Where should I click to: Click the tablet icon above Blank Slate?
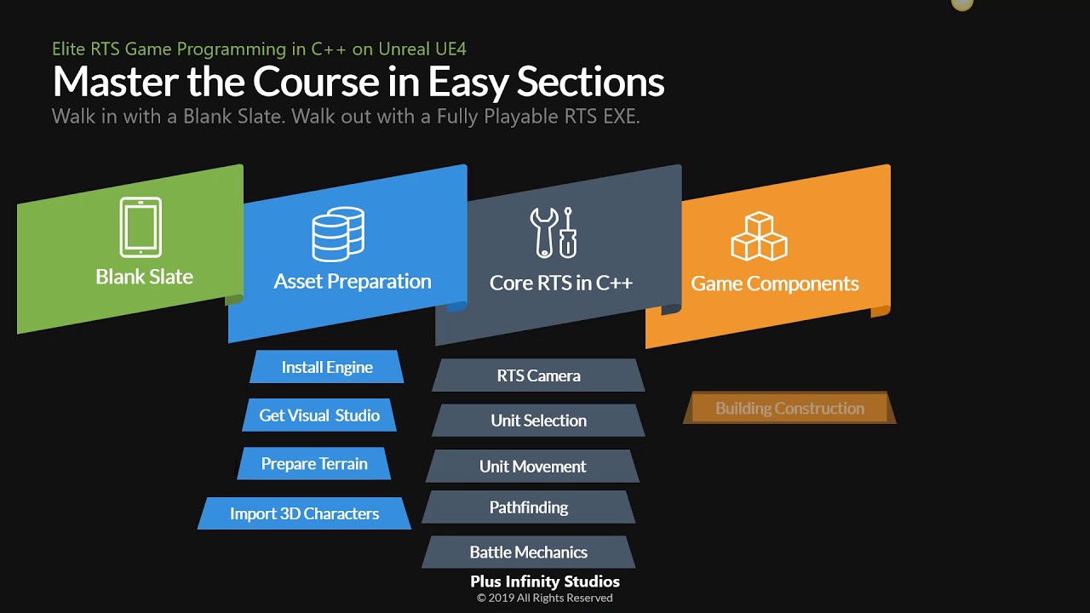[141, 227]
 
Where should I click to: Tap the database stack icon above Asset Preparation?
[338, 234]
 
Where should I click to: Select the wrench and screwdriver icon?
[554, 232]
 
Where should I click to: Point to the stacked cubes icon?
[759, 237]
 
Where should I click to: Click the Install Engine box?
[327, 367]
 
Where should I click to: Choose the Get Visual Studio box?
[319, 415]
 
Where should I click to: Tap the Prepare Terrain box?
[314, 464]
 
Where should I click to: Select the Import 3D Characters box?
[304, 513]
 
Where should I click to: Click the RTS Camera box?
[538, 375]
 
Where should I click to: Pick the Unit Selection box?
[538, 421]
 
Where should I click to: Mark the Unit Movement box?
[532, 467]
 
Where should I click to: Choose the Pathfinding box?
[529, 507]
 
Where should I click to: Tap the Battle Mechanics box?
[529, 552]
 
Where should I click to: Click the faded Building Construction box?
[789, 409]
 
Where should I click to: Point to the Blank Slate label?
[144, 277]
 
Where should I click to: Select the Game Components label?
[774, 284]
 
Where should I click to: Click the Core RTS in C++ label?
[560, 283]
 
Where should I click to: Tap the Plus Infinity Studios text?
[545, 582]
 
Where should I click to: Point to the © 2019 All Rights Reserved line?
[545, 598]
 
